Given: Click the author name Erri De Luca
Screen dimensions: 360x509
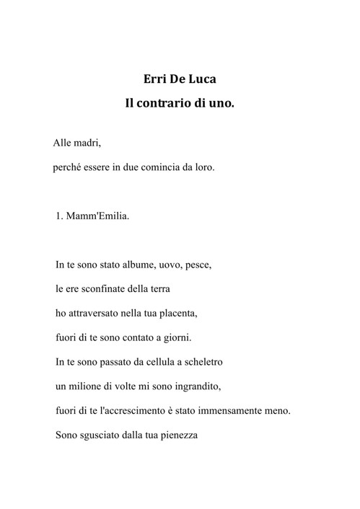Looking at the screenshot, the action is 180,79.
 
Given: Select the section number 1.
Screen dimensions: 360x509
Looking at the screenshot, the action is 60,215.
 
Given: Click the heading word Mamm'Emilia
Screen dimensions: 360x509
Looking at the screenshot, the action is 100,215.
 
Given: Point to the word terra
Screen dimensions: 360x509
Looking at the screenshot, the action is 159,289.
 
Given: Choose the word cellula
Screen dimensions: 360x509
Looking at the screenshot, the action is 156,362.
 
